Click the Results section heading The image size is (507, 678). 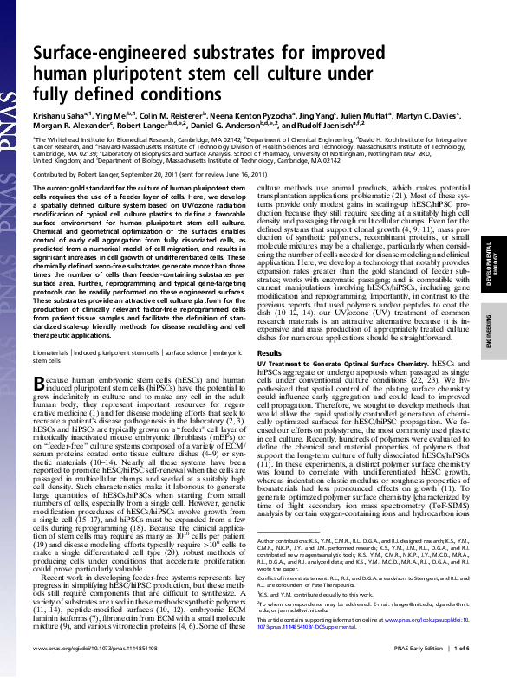(270, 353)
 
